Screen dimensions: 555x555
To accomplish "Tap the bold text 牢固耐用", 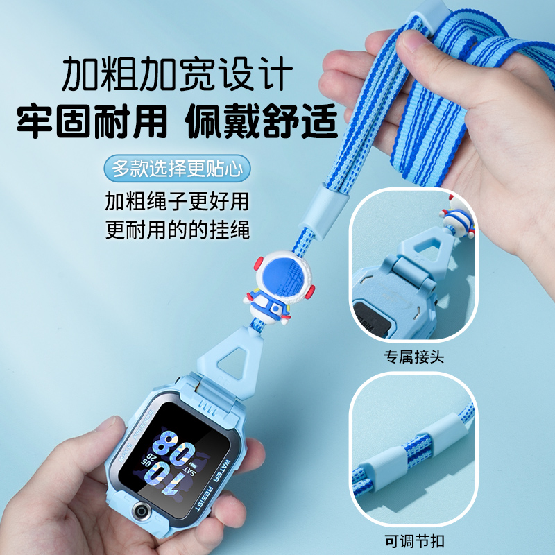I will (93, 123).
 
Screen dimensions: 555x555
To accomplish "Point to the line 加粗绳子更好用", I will (177, 201).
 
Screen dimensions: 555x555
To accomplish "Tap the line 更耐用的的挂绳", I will (177, 230).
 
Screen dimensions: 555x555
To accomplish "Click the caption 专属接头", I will (413, 358).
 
